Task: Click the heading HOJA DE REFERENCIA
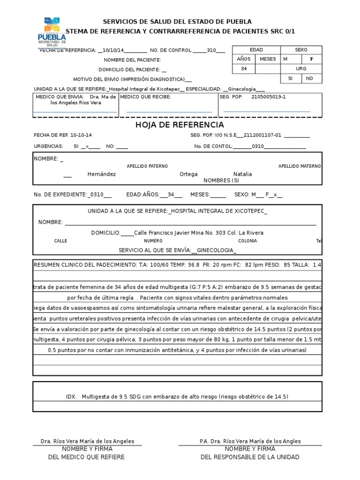[180, 125]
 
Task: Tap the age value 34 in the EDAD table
[244, 68]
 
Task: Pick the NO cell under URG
[309, 78]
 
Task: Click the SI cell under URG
[290, 78]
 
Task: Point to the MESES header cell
[268, 60]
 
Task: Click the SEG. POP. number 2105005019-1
[269, 97]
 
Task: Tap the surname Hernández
[102, 174]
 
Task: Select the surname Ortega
[188, 174]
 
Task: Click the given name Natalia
[242, 174]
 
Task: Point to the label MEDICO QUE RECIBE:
[146, 97]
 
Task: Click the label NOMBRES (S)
[221, 180]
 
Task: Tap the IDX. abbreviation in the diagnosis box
[71, 397]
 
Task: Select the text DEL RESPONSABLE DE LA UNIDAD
[250, 457]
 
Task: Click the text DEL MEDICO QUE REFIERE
[87, 457]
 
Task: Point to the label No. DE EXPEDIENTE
[60, 195]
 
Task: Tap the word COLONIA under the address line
[247, 241]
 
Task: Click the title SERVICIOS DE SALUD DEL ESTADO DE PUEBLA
[177, 22]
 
